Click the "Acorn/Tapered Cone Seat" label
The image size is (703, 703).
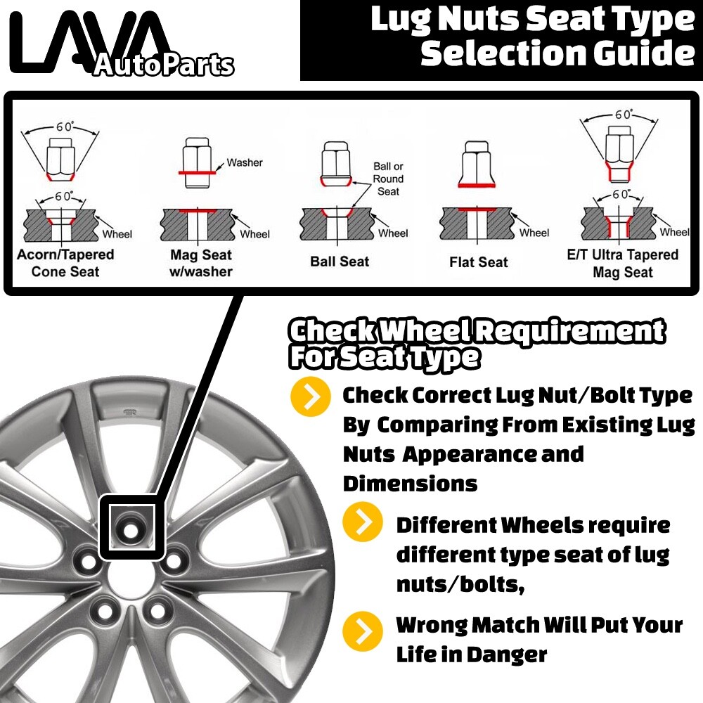point(65,263)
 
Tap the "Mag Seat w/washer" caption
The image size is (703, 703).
point(201,263)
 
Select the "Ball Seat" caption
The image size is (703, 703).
point(340,262)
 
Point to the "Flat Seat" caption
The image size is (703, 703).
point(478,262)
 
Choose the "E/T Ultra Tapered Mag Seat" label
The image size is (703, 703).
point(622,263)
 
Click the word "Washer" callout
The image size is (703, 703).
point(245,162)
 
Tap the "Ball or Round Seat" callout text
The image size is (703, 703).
point(388,179)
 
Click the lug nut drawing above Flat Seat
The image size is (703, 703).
point(477,164)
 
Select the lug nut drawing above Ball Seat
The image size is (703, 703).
point(336,164)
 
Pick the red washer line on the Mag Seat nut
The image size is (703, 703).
point(197,173)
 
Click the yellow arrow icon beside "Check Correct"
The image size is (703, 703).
point(311,396)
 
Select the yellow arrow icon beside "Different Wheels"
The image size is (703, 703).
point(363,522)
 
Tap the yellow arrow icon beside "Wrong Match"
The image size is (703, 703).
point(363,631)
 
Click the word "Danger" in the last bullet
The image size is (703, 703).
point(507,655)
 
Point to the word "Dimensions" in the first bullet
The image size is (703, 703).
point(411,484)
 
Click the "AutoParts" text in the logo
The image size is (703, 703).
point(164,65)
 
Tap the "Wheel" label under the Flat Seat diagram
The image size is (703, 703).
point(534,233)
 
